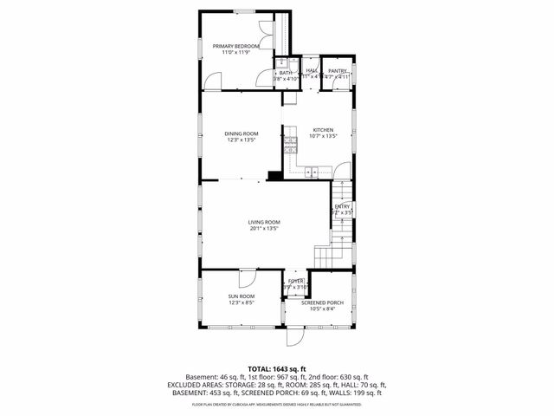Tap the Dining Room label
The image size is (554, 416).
click(242, 133)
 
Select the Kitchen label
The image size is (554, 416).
click(323, 130)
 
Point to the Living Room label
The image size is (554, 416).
click(265, 222)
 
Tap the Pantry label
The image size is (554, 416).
click(338, 70)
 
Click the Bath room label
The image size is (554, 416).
click(286, 73)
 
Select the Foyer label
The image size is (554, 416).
click(296, 281)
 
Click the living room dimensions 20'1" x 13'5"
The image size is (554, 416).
click(265, 229)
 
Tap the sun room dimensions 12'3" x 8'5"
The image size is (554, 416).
click(242, 302)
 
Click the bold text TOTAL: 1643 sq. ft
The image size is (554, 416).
click(277, 369)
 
